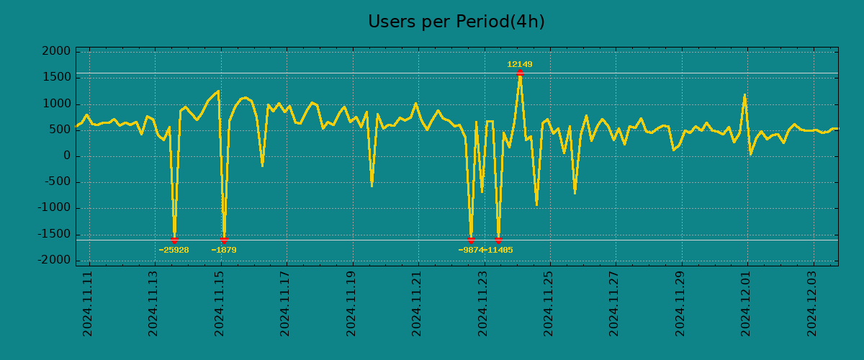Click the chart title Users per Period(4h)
point(456,22)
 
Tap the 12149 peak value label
point(519,64)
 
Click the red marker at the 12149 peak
point(519,73)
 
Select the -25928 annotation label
point(174,250)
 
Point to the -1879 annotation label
point(223,250)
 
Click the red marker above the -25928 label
point(174,240)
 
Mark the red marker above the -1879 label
point(224,240)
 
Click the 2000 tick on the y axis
point(57,52)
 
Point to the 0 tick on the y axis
point(67,156)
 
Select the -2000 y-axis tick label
point(55,260)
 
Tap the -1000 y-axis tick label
point(55,208)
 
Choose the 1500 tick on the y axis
point(57,78)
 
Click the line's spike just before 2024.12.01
point(744,95)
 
